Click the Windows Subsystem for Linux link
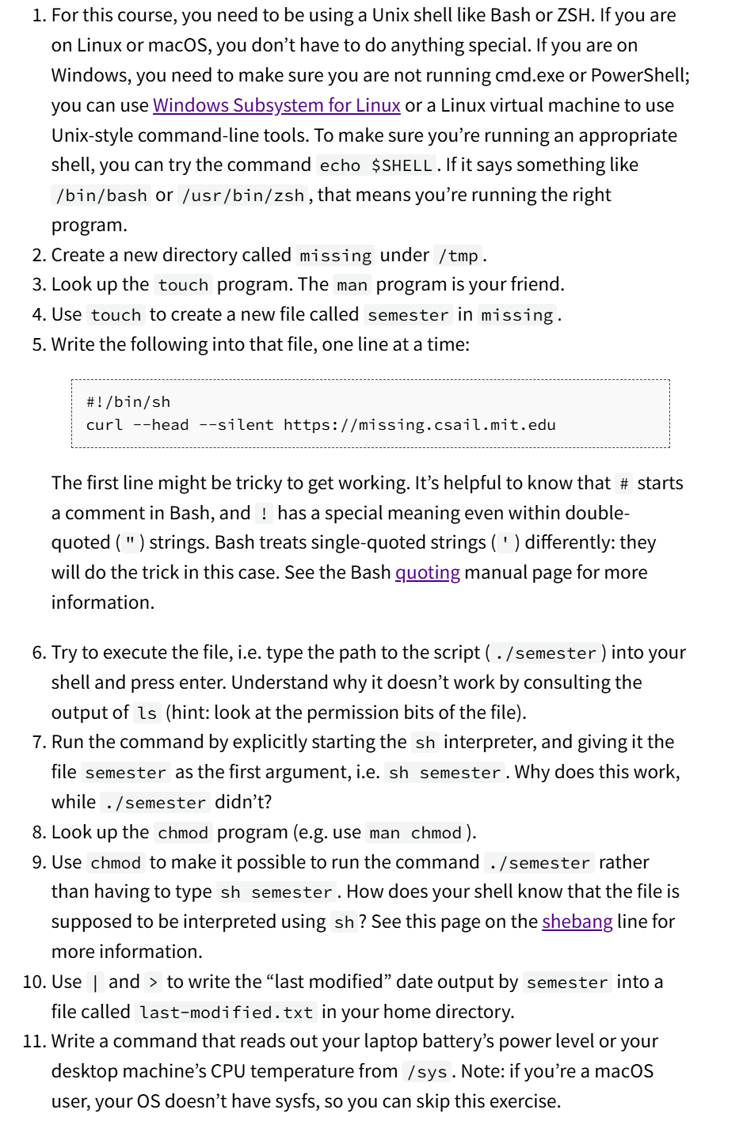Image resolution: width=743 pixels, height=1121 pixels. coord(276,105)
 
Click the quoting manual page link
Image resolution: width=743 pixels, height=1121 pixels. coord(427,572)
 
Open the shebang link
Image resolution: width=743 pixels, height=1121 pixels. coord(577,921)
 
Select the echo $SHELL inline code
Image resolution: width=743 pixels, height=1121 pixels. coord(375,165)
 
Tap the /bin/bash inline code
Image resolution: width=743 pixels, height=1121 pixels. coord(101,196)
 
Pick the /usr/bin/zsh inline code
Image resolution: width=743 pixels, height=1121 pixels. coord(243,196)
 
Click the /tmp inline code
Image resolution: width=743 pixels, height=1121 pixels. coord(459,256)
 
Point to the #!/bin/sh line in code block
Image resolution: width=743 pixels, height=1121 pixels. coord(128,402)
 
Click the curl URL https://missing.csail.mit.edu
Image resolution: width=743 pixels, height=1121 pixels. coord(419,425)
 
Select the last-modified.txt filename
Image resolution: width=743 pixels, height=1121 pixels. coord(226,1013)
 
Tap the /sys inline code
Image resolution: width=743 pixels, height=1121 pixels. coord(427,1072)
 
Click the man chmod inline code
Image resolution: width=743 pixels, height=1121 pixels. coord(415,833)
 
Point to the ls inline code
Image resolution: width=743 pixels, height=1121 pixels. coord(147,713)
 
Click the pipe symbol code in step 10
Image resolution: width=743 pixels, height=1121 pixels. coord(95,982)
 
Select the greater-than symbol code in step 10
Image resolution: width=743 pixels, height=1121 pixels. coord(153,982)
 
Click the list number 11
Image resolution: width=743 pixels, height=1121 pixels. coord(33,1042)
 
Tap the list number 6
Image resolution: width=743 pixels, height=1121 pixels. coord(39,652)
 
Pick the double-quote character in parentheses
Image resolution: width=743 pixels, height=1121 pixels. coord(130,543)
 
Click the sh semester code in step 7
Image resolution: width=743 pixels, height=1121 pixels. coord(444,773)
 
